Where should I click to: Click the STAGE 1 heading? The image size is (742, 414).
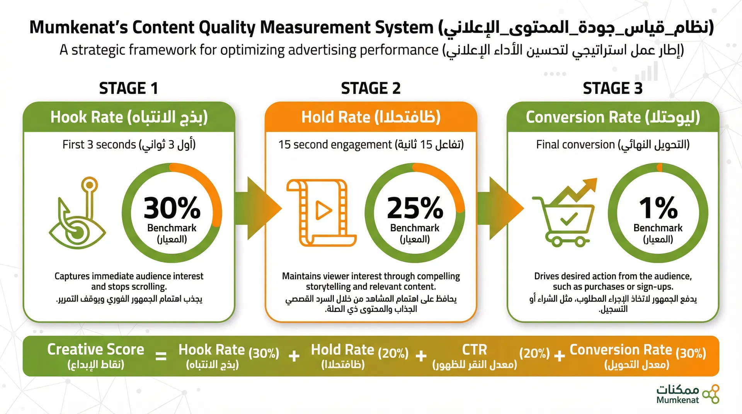click(129, 88)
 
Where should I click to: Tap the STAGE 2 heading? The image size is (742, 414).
click(371, 88)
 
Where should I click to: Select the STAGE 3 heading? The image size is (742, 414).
click(613, 88)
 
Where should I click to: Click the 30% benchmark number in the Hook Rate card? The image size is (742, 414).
click(172, 208)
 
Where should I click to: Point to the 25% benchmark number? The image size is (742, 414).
click(415, 208)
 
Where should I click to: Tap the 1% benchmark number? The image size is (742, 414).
click(658, 208)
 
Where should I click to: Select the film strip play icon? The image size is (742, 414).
click(321, 212)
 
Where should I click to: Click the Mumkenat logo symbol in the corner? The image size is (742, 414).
click(711, 394)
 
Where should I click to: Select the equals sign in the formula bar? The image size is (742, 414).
click(161, 356)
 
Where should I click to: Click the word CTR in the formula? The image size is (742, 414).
click(475, 350)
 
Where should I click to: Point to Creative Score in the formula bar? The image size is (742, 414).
click(95, 349)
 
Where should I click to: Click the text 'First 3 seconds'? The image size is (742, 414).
click(99, 144)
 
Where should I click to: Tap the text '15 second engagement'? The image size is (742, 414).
click(335, 144)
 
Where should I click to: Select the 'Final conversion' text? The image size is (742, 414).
click(575, 144)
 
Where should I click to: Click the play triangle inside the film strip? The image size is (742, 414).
click(323, 210)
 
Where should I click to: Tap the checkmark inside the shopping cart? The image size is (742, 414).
click(569, 219)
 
